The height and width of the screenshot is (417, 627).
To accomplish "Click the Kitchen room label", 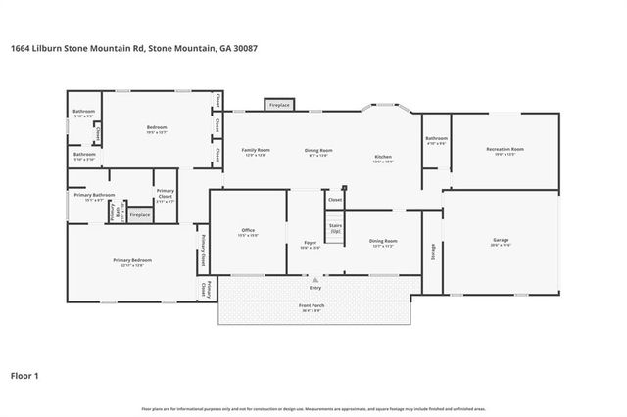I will (383, 158).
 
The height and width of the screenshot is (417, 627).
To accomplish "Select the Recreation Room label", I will (505, 149).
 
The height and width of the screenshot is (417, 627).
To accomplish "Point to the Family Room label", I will (257, 150).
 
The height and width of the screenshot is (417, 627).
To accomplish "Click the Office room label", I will (248, 231).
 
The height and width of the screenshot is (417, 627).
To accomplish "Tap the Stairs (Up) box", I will (335, 227).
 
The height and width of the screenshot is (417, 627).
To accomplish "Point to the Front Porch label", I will (312, 306).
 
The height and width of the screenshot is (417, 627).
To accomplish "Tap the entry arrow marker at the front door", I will (314, 280).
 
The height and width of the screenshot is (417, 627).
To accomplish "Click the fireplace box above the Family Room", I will (279, 104).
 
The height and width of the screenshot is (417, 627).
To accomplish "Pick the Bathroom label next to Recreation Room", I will (436, 139).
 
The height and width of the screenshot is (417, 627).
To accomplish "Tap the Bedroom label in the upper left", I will (157, 127).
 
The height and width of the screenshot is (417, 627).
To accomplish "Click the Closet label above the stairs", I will (335, 199).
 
